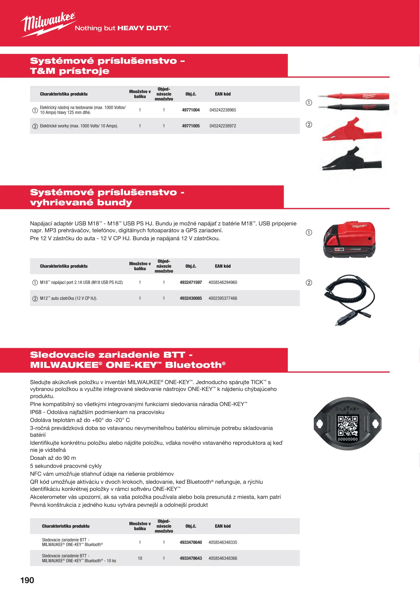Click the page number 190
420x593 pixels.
(27, 580)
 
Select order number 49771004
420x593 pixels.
(191, 110)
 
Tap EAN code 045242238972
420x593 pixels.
(222, 126)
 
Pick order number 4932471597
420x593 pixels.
(191, 282)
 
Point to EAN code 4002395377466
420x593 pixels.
(222, 298)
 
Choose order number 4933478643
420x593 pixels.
(191, 558)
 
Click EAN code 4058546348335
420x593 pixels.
(222, 542)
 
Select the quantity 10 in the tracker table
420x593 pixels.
(140, 558)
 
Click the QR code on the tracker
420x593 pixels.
(347, 425)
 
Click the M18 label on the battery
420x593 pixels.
(339, 249)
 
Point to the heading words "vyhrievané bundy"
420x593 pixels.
(81, 203)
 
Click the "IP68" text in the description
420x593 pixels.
(36, 412)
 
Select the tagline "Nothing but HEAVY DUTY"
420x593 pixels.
(123, 28)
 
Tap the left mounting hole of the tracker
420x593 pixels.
(320, 424)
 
